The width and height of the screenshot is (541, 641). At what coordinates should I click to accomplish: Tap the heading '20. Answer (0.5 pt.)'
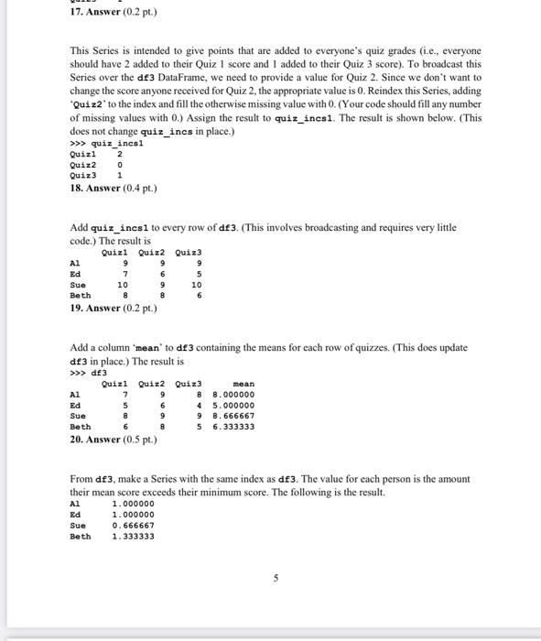click(x=113, y=440)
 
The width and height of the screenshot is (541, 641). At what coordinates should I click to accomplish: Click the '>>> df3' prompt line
click(x=88, y=372)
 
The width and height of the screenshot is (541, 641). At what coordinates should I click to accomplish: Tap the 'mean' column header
click(x=243, y=384)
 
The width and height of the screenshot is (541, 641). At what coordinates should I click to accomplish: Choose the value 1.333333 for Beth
click(x=133, y=537)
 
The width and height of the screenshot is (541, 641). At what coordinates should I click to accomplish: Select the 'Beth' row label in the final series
click(x=81, y=537)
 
